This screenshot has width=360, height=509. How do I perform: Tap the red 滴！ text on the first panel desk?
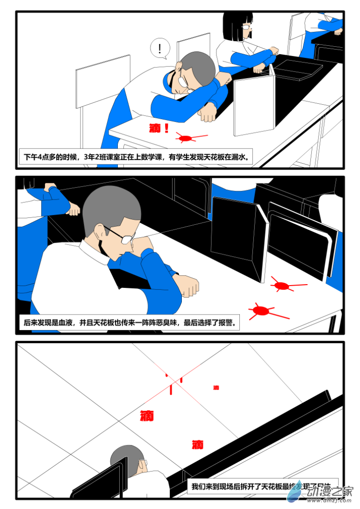(x=159, y=128)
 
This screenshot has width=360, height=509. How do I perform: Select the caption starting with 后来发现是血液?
(x=129, y=323)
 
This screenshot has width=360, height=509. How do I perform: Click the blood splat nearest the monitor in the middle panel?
(x=281, y=285)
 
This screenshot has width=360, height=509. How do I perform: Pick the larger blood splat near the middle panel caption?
(x=261, y=310)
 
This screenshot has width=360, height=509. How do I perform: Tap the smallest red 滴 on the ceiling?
(x=216, y=387)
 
